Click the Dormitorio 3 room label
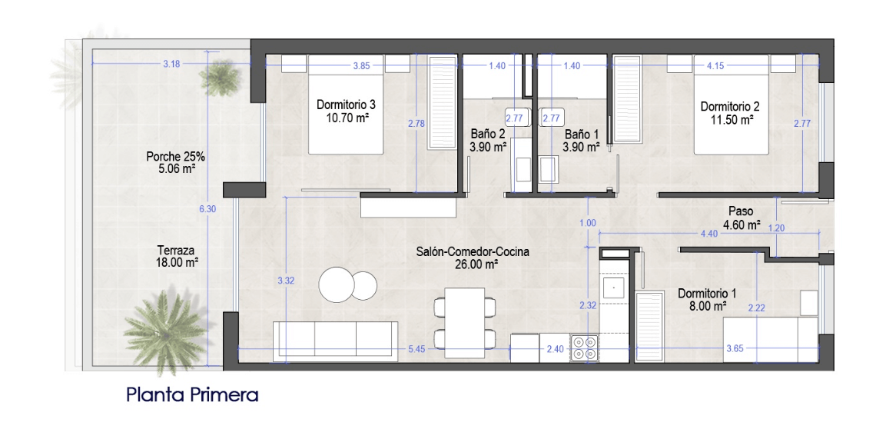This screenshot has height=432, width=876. pos(346,105)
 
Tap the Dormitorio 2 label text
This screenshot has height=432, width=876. pos(730,106)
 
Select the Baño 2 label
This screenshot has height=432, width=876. pos(488,135)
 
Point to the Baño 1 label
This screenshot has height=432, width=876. pos(581,135)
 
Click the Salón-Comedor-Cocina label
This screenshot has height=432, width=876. pos(473,252)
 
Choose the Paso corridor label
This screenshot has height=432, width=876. pos(742,212)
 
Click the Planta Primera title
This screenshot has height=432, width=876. pos(192,395)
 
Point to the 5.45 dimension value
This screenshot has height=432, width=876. pos(416,349)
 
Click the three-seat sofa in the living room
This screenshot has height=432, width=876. pos(335,341)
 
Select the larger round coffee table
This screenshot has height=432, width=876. pos(337,284)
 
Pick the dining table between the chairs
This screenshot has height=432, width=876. pos(465,323)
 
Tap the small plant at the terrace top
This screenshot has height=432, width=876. pos(220,78)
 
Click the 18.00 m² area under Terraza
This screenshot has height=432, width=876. pos(179,261)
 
